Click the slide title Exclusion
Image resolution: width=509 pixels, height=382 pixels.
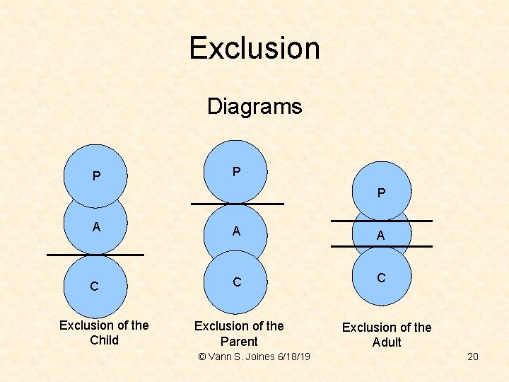pyautogui.click(x=255, y=48)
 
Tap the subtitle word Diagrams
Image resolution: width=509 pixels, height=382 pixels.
pyautogui.click(x=255, y=107)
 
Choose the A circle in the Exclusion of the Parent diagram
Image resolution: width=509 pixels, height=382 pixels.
pyautogui.click(x=236, y=231)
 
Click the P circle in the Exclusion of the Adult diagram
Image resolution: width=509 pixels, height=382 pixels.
pyautogui.click(x=382, y=191)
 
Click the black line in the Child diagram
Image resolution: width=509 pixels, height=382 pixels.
pyautogui.click(x=95, y=254)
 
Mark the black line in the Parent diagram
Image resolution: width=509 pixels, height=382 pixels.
pyautogui.click(x=238, y=204)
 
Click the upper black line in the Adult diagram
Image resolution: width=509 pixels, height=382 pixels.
pyautogui.click(x=382, y=221)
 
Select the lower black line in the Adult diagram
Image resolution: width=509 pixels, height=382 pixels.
pyautogui.click(x=382, y=246)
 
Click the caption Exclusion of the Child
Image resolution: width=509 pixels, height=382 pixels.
pyautogui.click(x=104, y=332)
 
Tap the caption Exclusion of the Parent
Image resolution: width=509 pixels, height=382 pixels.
pyautogui.click(x=239, y=333)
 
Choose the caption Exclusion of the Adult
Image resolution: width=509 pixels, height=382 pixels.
pyautogui.click(x=387, y=335)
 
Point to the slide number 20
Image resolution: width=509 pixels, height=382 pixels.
pyautogui.click(x=473, y=357)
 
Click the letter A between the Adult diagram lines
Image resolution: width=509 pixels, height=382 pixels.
pyautogui.click(x=381, y=236)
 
